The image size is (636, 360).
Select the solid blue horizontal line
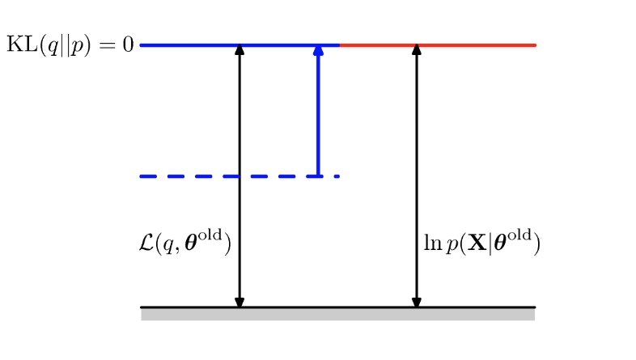(194, 44)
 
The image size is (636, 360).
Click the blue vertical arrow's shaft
(318, 113)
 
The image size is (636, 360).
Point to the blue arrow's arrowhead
(318, 50)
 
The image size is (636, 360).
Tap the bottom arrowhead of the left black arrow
(239, 302)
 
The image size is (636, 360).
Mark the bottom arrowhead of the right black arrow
(417, 302)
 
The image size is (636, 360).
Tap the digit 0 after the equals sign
(128, 44)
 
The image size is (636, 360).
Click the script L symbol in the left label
(147, 243)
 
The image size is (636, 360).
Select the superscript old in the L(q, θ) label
(214, 237)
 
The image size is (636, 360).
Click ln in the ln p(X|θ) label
(430, 243)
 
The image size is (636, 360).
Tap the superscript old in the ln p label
(521, 237)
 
